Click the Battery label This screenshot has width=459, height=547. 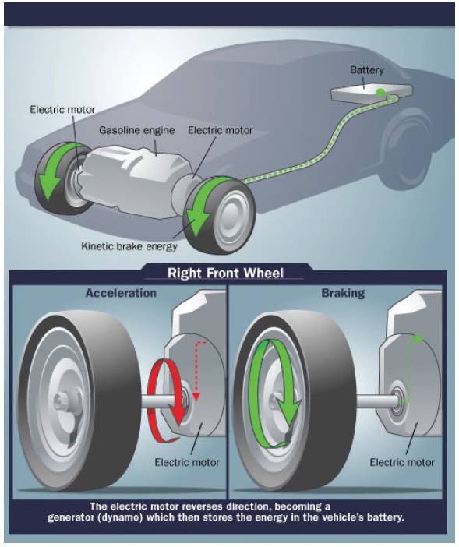pyautogui.click(x=366, y=70)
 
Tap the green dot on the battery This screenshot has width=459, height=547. pyautogui.click(x=380, y=93)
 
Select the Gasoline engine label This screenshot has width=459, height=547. pyautogui.click(x=136, y=130)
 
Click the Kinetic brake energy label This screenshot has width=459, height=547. pyautogui.click(x=129, y=246)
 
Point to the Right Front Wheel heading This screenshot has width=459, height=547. pyautogui.click(x=225, y=273)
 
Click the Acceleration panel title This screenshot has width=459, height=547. pyautogui.click(x=121, y=293)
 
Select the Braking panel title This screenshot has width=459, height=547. pyautogui.click(x=343, y=293)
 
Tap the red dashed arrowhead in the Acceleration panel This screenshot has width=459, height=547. pyautogui.click(x=196, y=397)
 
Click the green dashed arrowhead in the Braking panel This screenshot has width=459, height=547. pyautogui.click(x=419, y=339)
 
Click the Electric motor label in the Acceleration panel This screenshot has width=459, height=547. pyautogui.click(x=187, y=463)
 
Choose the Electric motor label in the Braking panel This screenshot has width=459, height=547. pyautogui.click(x=402, y=463)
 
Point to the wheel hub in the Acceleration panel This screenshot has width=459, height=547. pyautogui.click(x=64, y=402)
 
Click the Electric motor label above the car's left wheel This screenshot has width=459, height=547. pyautogui.click(x=62, y=110)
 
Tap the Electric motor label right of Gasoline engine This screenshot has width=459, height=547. pyautogui.click(x=220, y=130)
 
